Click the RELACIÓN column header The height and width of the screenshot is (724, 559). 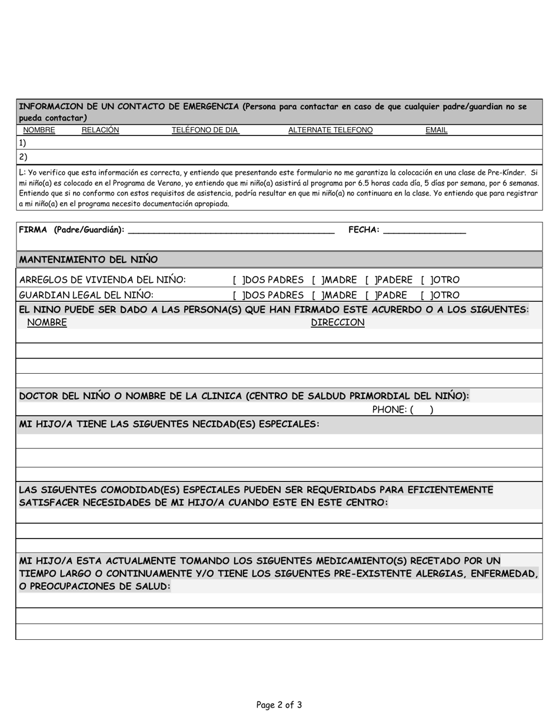[x=100, y=130]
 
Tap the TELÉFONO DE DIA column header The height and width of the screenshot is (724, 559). [x=205, y=130]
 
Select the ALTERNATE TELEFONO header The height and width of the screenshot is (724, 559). [x=330, y=130]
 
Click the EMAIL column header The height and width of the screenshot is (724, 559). [x=436, y=130]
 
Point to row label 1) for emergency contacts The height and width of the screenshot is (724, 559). [x=22, y=143]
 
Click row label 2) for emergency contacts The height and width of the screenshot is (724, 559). [x=22, y=157]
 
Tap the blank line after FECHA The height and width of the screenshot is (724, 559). [x=424, y=231]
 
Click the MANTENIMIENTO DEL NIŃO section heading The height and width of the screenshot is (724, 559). [x=88, y=260]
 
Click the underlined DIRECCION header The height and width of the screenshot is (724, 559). [x=337, y=323]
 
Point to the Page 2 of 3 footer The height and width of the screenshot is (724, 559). [x=279, y=705]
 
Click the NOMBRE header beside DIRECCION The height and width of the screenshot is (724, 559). [x=47, y=323]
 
